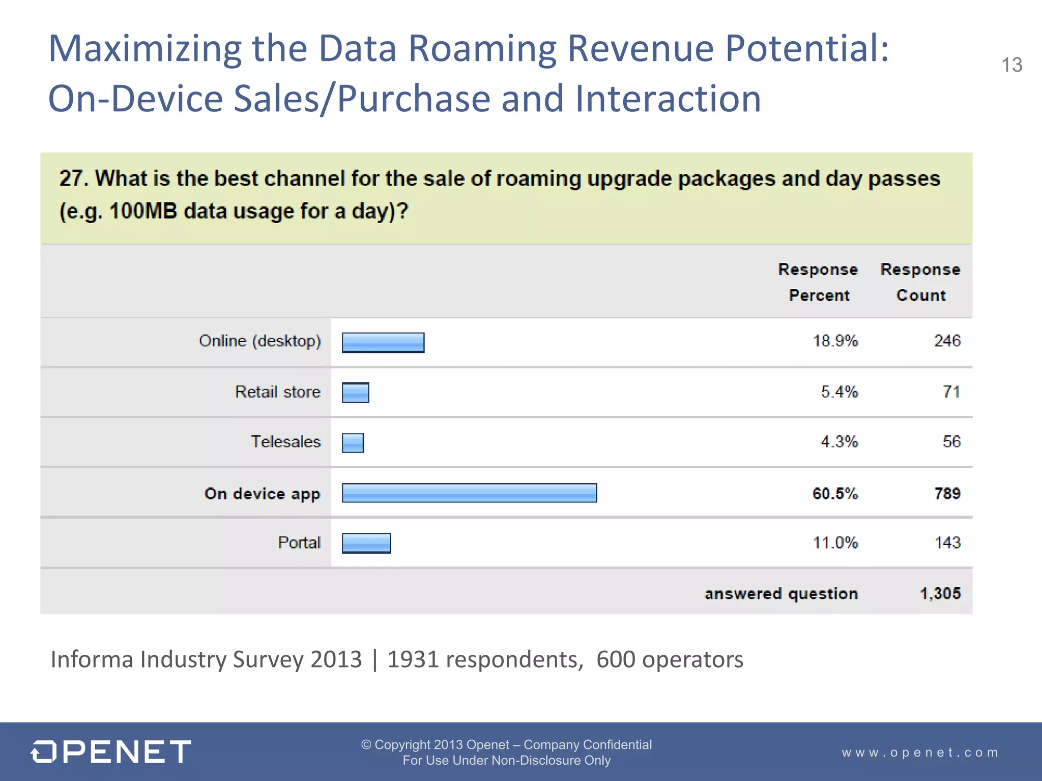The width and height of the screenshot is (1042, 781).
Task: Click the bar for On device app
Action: pos(469,493)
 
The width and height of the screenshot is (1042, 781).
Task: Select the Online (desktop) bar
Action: pos(383,342)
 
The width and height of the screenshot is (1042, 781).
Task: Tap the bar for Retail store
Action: pos(355,393)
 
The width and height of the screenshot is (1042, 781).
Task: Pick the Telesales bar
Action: pos(353,442)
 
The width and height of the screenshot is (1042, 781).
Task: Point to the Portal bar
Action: pos(366,543)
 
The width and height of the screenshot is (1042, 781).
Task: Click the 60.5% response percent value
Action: pos(835,493)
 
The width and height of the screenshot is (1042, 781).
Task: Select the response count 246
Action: pos(947,341)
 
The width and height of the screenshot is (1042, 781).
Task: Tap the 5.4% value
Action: pos(839,392)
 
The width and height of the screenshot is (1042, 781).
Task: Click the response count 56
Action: pos(951,441)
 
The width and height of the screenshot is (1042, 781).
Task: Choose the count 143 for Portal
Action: pos(947,543)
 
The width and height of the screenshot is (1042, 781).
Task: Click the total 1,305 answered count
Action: pos(940,593)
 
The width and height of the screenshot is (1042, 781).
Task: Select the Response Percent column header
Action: pos(818,282)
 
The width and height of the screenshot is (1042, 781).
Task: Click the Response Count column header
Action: pos(920,282)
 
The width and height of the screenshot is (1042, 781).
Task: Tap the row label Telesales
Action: pos(285,441)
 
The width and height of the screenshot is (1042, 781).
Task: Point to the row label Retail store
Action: pos(278,392)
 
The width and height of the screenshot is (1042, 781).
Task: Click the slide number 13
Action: pos(1011,65)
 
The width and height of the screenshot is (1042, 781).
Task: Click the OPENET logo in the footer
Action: pos(111,752)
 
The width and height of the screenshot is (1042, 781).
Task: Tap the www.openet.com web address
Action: pos(920,752)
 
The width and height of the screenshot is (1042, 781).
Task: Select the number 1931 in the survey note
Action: pos(413,659)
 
